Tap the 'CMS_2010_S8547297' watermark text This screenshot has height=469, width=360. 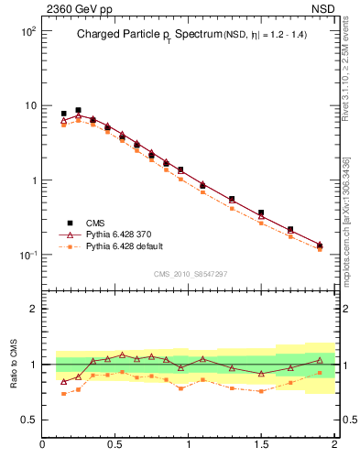point(190,274)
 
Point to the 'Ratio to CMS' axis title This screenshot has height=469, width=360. point(13,364)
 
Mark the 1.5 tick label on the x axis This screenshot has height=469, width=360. point(261,445)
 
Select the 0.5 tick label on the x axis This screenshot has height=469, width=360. point(115,445)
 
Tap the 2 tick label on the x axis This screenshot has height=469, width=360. point(334,445)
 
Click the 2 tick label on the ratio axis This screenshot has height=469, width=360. point(32,309)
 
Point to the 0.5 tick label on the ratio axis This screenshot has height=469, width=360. point(27,420)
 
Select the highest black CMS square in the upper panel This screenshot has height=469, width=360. point(78,110)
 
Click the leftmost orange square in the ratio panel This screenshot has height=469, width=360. point(63,394)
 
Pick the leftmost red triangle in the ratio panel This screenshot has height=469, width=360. point(63,381)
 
